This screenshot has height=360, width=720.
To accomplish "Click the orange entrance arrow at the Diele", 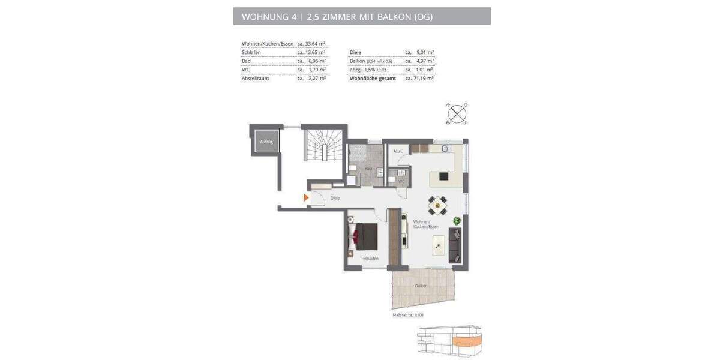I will click(306, 197).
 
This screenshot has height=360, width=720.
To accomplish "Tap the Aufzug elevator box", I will click(266, 142).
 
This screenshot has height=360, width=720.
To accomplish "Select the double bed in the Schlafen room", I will click(363, 236).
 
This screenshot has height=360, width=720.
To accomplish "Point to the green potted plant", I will click(457, 221).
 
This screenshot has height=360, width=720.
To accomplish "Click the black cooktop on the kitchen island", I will click(444, 176).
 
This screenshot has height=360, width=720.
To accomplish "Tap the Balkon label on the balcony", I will click(421, 286).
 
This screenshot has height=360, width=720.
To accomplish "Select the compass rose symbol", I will click(457, 114).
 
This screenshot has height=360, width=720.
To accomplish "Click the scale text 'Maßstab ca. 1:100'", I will click(408, 315).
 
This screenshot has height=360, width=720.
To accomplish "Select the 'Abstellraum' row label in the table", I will click(255, 79).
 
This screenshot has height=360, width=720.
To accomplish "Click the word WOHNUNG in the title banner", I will click(265, 17).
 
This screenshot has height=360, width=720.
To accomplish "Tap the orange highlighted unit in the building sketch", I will click(466, 343).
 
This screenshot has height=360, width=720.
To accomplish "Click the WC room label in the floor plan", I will click(401, 181).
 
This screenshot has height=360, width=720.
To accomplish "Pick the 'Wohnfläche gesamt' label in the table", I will click(373, 79).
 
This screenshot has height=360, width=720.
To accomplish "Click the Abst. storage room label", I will click(397, 151).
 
